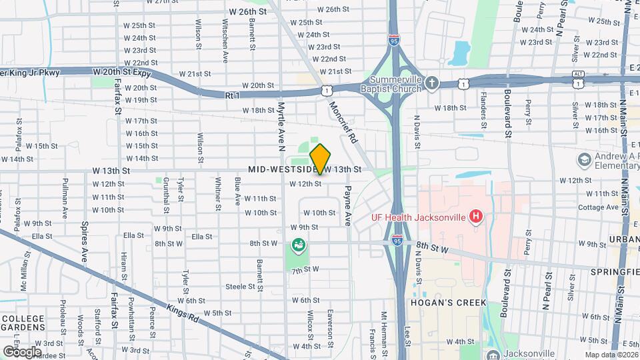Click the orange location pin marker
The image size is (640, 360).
[320, 159]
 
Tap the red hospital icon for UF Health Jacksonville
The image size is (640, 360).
[475, 217]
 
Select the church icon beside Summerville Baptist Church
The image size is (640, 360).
[432, 83]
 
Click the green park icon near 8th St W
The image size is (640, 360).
[297, 247]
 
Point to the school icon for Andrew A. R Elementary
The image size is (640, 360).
[585, 160]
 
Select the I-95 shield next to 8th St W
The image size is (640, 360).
[398, 242]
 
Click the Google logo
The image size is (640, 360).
[22, 351]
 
